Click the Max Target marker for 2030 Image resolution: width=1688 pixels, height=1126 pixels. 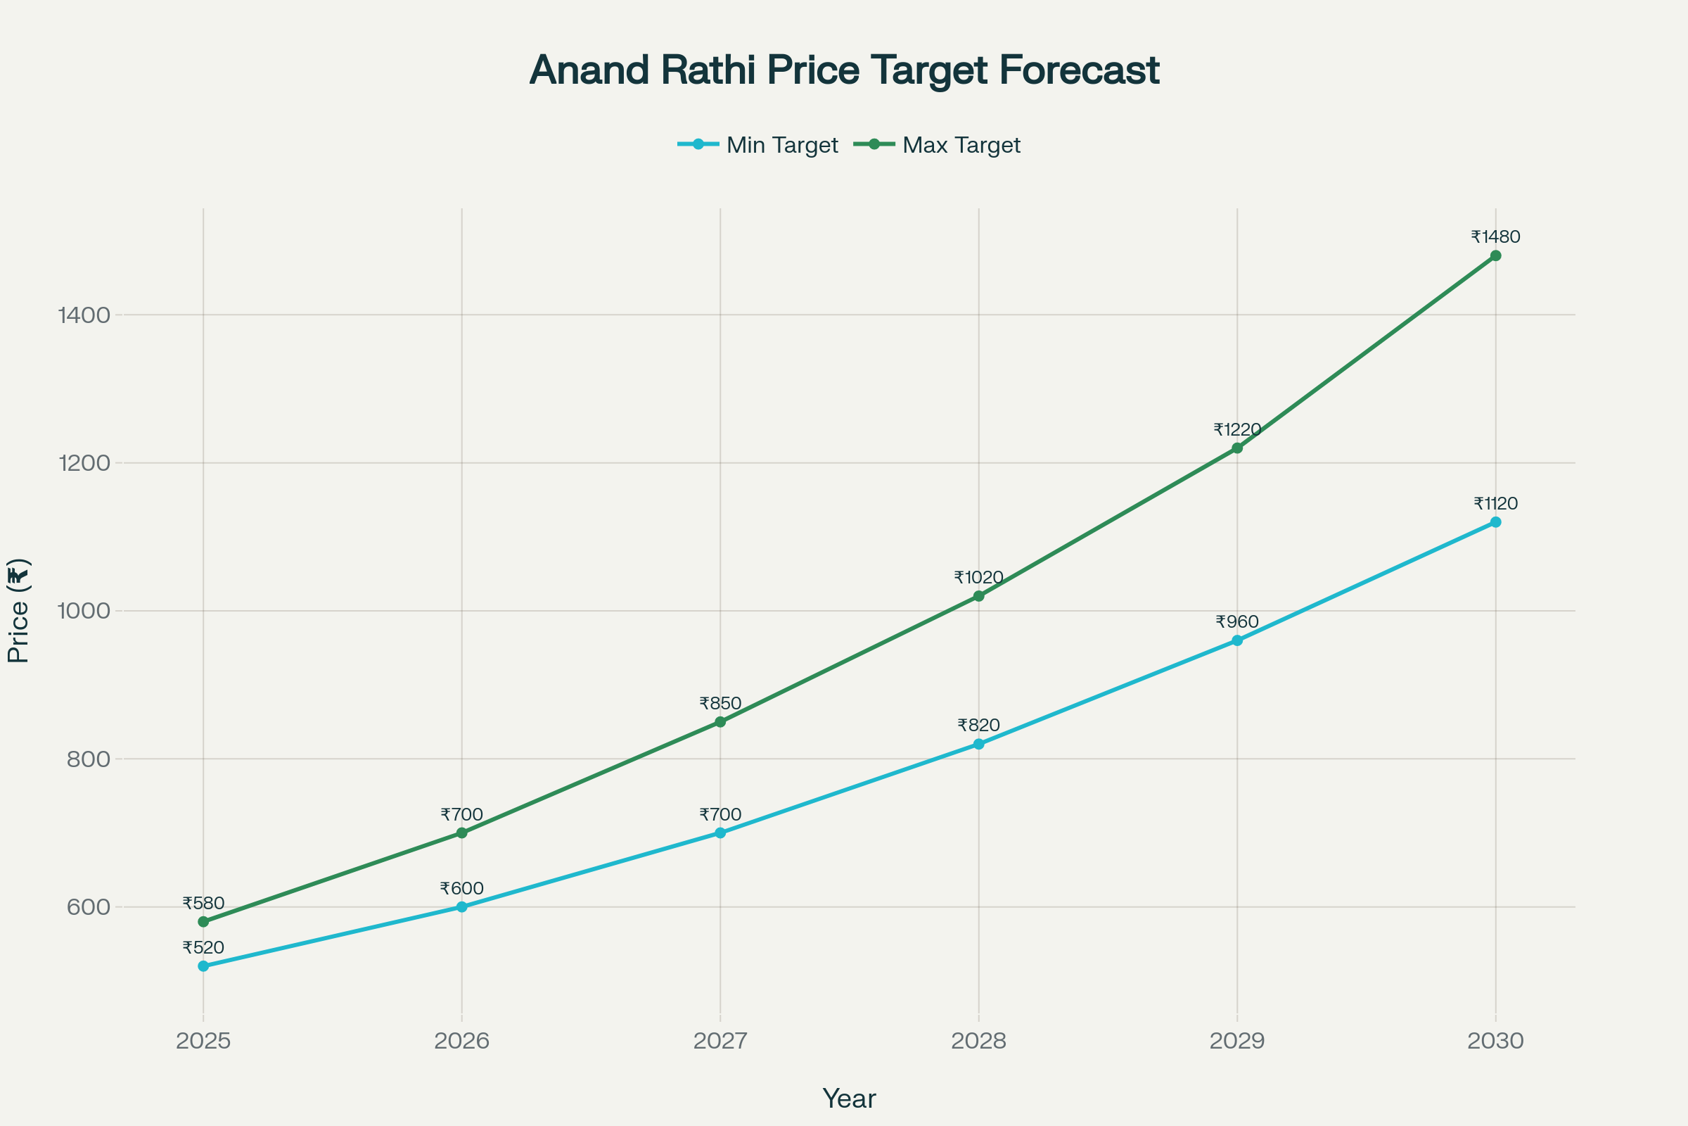1496,255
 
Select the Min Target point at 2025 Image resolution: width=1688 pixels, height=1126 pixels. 203,966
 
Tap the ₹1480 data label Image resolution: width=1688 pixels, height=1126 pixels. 1496,237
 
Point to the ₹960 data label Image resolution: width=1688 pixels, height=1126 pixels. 1237,622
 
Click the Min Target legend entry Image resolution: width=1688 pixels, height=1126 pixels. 759,145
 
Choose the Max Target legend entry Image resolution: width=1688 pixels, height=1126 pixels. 938,145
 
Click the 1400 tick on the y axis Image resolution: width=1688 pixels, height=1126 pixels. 84,315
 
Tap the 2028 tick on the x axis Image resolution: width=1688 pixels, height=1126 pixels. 979,1041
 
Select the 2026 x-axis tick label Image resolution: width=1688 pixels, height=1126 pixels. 461,1041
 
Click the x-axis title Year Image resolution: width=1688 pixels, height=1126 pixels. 849,1099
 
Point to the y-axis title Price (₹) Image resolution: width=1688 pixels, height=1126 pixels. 18,610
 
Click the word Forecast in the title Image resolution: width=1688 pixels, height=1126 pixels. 1079,70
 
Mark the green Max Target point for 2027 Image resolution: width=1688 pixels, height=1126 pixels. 720,722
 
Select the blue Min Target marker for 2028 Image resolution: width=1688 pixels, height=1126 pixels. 979,744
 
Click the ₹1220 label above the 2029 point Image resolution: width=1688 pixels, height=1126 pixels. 1237,429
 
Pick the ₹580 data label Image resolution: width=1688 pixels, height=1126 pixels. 203,904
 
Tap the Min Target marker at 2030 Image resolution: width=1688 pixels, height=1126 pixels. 1496,522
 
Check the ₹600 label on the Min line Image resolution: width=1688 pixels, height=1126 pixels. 461,888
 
